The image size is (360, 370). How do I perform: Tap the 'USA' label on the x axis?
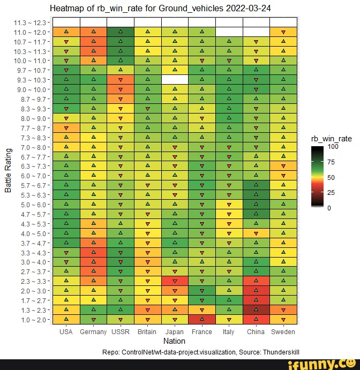click(66, 331)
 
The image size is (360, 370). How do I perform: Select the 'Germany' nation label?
click(93, 331)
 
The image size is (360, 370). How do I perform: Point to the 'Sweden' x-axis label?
click(283, 331)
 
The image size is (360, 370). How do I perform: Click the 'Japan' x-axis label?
click(175, 331)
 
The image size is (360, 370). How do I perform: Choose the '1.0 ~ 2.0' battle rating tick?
click(34, 320)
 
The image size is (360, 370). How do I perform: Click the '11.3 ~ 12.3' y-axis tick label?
click(32, 22)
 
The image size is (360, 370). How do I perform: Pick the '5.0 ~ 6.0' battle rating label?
click(34, 205)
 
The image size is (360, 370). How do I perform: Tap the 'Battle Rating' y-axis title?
click(8, 171)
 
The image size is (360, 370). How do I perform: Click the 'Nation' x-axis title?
click(174, 341)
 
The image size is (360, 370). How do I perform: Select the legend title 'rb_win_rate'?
click(331, 139)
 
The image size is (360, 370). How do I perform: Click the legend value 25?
click(331, 192)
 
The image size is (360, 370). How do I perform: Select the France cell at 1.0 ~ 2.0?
click(201, 320)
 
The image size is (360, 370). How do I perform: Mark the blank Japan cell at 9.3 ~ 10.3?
click(175, 80)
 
